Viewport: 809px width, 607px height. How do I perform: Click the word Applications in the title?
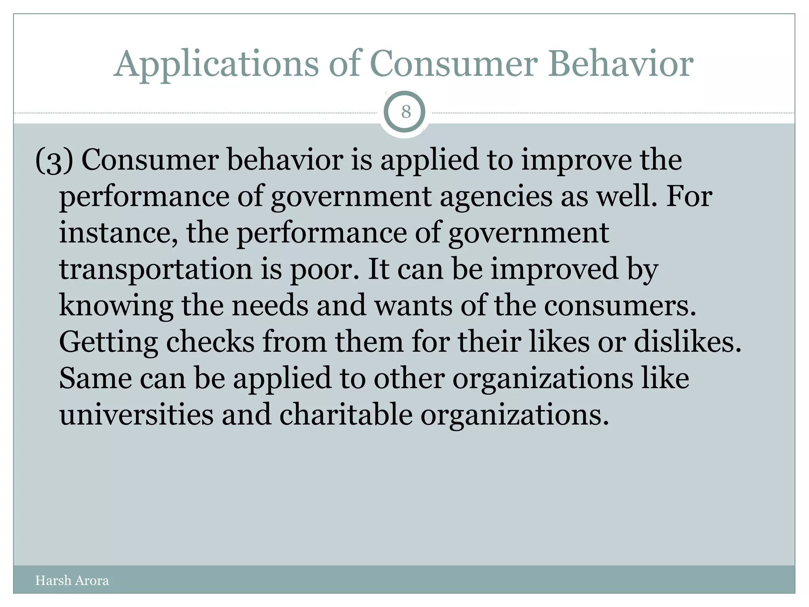click(x=216, y=64)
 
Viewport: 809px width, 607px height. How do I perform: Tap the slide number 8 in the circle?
click(x=406, y=112)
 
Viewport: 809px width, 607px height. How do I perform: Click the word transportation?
click(x=155, y=270)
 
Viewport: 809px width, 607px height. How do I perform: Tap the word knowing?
click(x=116, y=306)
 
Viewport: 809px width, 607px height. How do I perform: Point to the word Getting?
click(x=108, y=342)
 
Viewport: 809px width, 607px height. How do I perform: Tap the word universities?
click(x=136, y=415)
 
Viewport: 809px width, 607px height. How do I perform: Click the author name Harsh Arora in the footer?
click(x=72, y=581)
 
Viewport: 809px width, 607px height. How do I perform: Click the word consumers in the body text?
click(x=620, y=305)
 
